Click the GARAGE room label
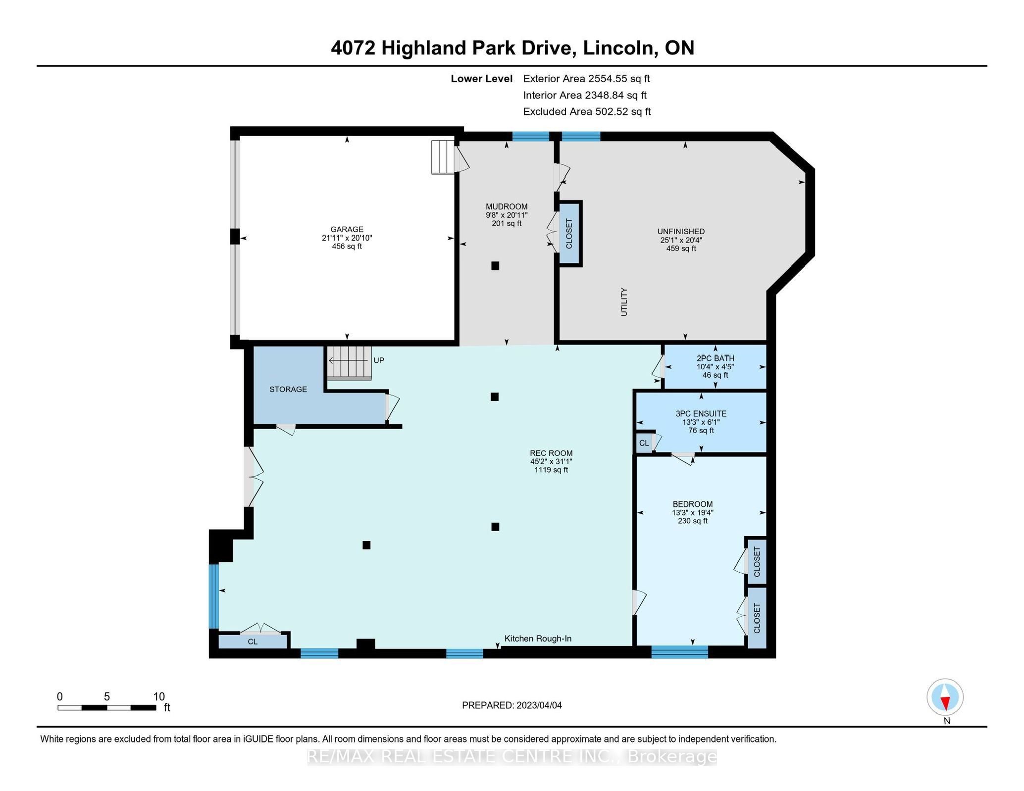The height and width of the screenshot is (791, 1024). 347,229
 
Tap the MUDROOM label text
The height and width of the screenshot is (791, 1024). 507,206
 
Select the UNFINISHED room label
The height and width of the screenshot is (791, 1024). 681,231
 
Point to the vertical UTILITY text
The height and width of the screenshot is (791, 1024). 624,302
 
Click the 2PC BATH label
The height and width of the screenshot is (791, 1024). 716,358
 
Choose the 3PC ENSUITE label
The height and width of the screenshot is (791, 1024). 701,413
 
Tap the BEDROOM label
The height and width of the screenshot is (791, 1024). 693,504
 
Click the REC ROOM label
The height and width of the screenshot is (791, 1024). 551,453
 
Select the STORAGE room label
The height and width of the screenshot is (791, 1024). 288,390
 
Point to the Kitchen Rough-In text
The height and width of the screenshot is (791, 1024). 538,639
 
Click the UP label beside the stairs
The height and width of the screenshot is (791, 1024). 379,360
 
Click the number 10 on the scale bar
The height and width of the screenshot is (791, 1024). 159,696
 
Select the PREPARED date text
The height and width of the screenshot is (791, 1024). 512,705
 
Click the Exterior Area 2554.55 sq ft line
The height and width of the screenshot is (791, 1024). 586,79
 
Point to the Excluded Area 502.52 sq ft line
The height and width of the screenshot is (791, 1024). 587,111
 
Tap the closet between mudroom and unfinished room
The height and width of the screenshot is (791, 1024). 569,234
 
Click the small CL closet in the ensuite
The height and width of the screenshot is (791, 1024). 644,443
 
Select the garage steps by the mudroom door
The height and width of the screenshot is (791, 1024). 443,157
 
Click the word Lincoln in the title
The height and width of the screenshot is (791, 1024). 620,48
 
